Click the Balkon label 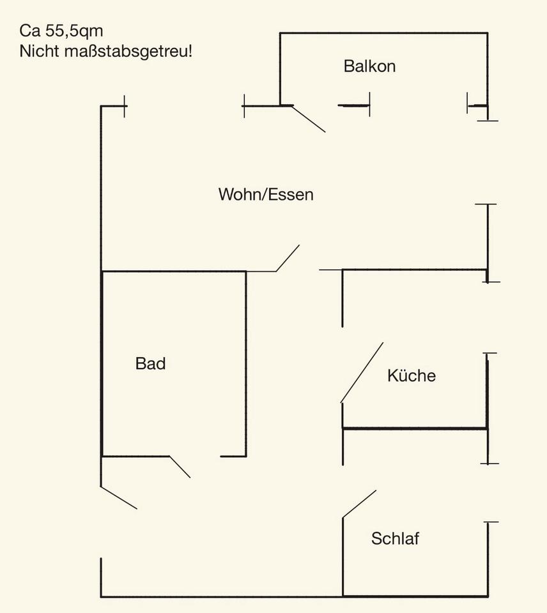point(369,66)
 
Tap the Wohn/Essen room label point(266,194)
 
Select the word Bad point(150,364)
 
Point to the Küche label point(411,375)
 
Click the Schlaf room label point(395,538)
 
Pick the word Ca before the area point(29,31)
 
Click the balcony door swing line point(309,119)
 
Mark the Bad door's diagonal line point(180,467)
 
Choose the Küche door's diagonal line point(362,373)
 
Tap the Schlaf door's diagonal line point(359,504)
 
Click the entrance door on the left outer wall point(119,497)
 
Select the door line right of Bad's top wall point(288,258)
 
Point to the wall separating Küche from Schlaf point(415,428)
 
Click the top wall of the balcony point(383,33)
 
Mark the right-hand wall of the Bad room point(246,364)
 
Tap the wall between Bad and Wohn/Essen point(174,271)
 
